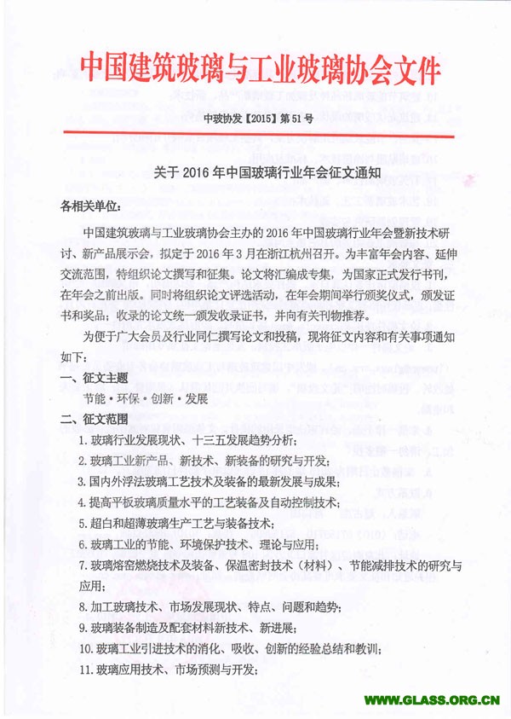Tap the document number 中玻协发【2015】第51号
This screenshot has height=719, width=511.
pyautogui.click(x=255, y=119)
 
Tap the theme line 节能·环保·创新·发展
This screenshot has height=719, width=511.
pyautogui.click(x=144, y=398)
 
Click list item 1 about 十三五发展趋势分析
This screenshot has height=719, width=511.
pyautogui.click(x=187, y=440)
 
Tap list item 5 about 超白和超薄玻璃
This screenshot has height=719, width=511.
pyautogui.click(x=187, y=523)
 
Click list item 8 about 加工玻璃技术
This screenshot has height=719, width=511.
pyautogui.click(x=210, y=606)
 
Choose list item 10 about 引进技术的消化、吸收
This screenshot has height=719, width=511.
pyautogui.click(x=229, y=648)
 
